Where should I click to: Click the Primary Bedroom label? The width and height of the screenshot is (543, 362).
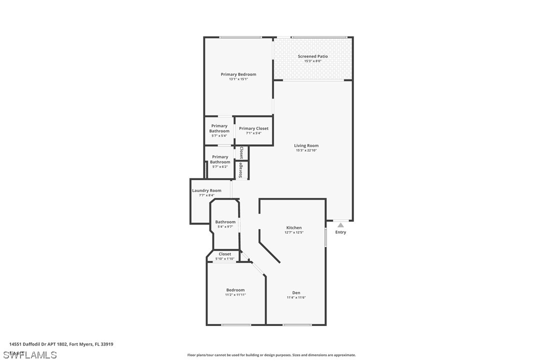(238, 74)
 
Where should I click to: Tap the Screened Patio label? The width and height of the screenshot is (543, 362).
(313, 56)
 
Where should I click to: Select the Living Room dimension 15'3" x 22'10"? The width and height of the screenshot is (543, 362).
(306, 150)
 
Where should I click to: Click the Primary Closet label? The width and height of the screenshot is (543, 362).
(253, 128)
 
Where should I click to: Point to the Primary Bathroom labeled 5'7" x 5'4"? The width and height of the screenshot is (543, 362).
(219, 128)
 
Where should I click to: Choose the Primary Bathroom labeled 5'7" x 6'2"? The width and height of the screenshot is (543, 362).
(220, 159)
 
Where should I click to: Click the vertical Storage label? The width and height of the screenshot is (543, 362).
(241, 170)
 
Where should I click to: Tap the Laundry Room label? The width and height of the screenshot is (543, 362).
(206, 190)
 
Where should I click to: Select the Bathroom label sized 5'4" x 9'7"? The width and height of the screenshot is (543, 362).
(225, 222)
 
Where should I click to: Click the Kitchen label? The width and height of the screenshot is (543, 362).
(294, 227)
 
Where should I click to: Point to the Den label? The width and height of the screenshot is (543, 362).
(296, 293)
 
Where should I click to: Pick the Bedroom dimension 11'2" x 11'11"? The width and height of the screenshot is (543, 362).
(235, 295)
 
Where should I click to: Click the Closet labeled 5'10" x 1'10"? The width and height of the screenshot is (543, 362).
(224, 254)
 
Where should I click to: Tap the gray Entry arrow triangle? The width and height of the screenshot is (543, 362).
(340, 225)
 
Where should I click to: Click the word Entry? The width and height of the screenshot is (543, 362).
(340, 232)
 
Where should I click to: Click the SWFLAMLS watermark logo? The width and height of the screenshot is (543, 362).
(29, 355)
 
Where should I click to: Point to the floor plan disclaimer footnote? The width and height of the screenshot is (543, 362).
(271, 355)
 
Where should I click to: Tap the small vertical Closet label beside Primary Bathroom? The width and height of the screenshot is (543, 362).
(241, 152)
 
